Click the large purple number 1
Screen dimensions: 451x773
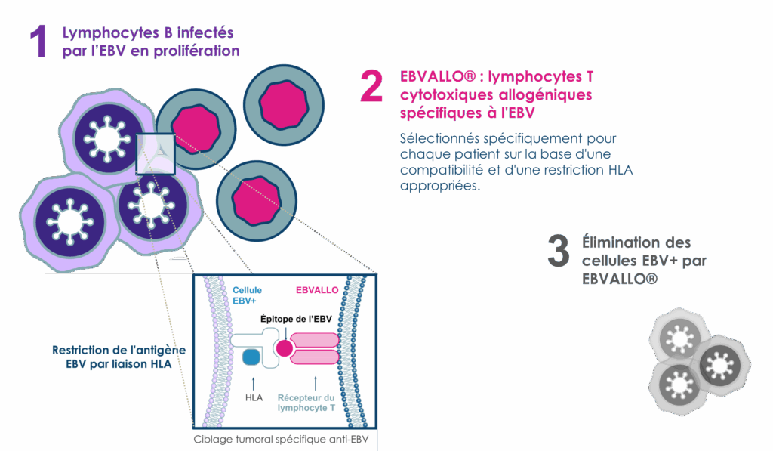point(38,42)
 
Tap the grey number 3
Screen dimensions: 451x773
point(558,251)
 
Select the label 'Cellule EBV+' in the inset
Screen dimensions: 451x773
point(248,295)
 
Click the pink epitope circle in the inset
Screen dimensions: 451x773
point(285,348)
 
